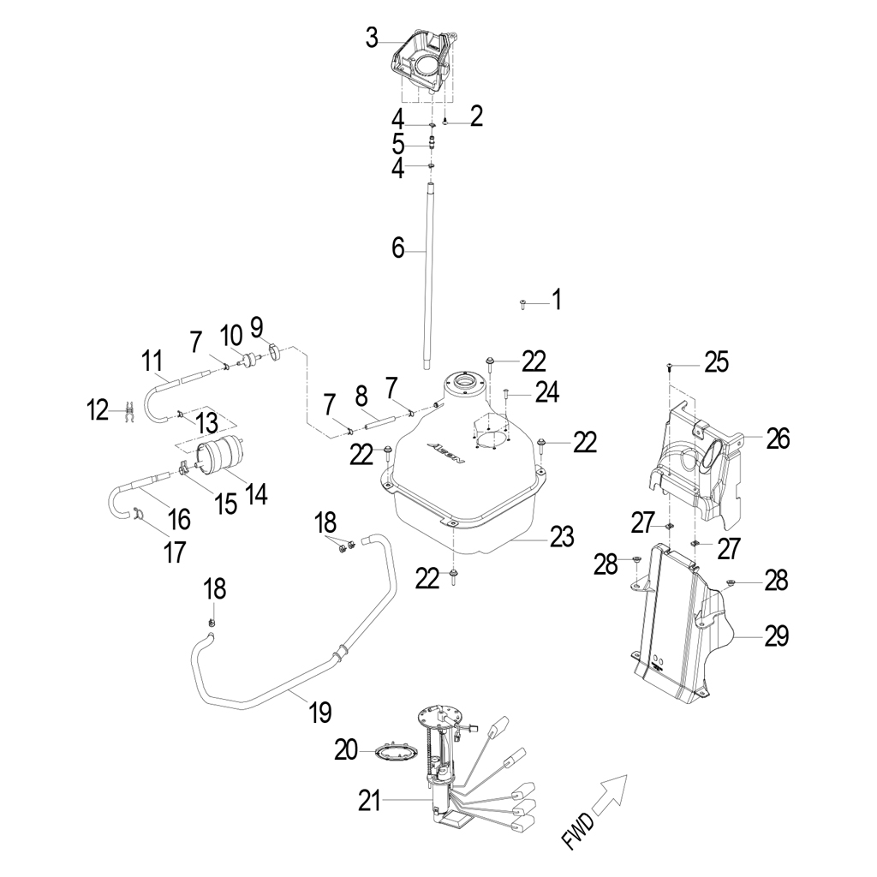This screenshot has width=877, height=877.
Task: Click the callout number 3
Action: [372, 38]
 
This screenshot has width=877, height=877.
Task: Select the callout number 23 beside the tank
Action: [562, 537]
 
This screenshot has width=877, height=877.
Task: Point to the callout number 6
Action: [397, 248]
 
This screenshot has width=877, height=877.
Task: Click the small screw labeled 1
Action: [522, 303]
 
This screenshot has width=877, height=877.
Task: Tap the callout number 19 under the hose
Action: [319, 711]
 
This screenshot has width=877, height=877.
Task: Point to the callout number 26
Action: [778, 439]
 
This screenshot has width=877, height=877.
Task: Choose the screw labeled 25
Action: [668, 367]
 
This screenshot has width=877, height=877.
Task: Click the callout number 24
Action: [547, 392]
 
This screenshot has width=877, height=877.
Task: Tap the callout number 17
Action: [174, 552]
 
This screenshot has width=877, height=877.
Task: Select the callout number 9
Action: [256, 325]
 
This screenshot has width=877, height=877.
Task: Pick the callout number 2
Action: [476, 116]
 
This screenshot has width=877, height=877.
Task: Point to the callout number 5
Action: [397, 142]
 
